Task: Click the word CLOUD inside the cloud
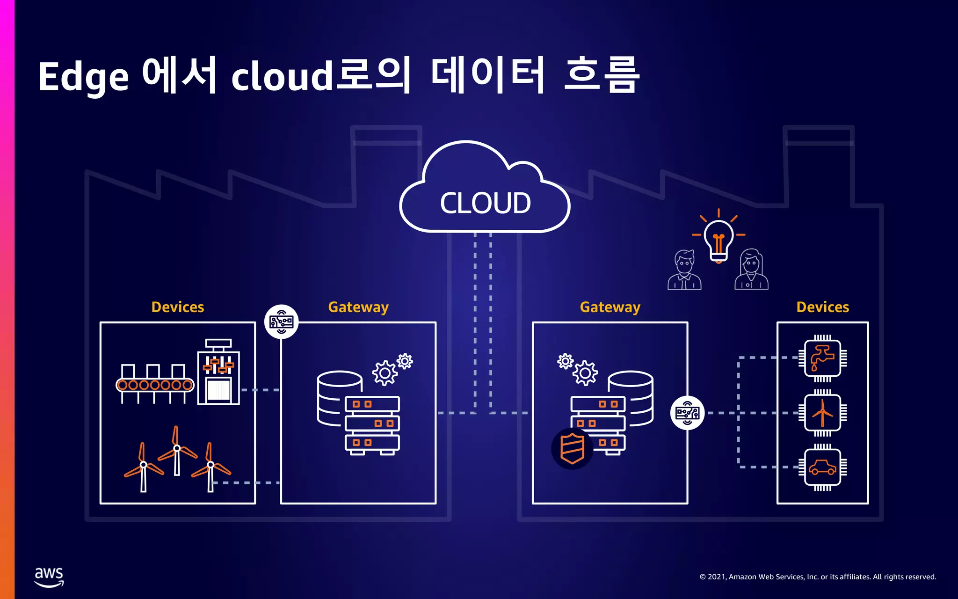pos(485,203)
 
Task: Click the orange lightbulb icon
pos(718,239)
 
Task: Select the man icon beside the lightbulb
pos(684,270)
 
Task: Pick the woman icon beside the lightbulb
pos(751,270)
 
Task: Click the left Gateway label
pos(358,307)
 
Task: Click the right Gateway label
pos(610,307)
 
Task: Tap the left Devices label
pos(178,307)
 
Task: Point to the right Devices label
pos(822,307)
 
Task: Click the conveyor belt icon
pos(155,384)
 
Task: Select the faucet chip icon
pos(822,358)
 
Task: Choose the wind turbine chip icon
pos(822,413)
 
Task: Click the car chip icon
pos(822,467)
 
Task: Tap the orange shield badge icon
pos(572,448)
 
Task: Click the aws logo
pos(49,577)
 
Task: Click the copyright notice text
pos(818,577)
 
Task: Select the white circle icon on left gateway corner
pos(281,321)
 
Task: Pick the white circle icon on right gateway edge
pos(687,413)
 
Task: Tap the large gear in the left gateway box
pos(385,373)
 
